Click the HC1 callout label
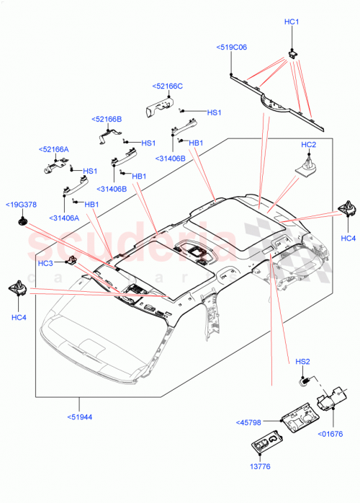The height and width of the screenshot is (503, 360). pos(292,22)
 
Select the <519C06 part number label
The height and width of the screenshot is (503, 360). pos(231,47)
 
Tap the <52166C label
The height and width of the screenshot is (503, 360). pos(167,86)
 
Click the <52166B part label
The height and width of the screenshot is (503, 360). pos(107,119)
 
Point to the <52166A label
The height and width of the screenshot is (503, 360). pos(54,149)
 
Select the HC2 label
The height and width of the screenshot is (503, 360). pos(308,145)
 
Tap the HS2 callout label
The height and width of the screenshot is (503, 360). pos(302,361)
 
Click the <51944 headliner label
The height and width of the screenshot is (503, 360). pos(80,417)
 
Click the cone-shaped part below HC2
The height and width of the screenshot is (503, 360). pos(307,166)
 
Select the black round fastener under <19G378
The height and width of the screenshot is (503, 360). pos(23,221)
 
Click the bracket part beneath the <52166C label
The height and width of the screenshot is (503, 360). pos(160,105)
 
